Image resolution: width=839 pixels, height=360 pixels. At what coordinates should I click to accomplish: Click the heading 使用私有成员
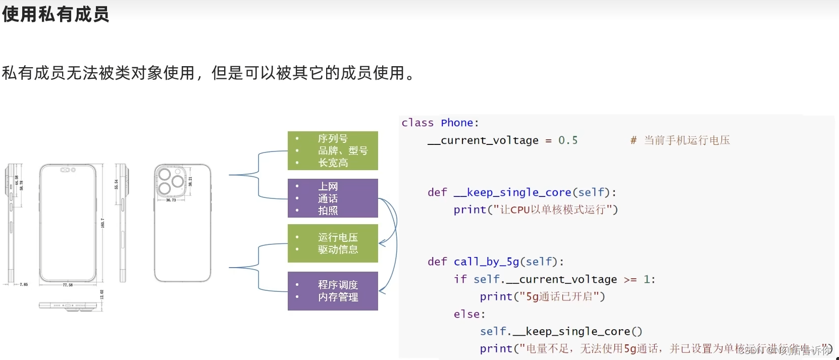(x=56, y=14)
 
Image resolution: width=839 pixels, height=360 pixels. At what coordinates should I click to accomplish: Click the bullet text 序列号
(x=333, y=138)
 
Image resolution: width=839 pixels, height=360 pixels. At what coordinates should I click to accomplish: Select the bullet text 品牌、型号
(x=343, y=150)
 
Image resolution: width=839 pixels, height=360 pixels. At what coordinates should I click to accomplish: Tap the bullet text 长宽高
(x=333, y=163)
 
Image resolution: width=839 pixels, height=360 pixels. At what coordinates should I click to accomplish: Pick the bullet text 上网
(x=328, y=186)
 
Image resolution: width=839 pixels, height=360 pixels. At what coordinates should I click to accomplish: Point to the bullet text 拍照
(x=328, y=211)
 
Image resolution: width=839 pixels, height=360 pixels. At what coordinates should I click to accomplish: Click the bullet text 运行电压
(x=338, y=237)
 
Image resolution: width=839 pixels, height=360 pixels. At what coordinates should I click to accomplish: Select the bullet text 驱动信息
(x=338, y=249)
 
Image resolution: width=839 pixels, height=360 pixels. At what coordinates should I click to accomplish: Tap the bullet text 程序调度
(x=338, y=285)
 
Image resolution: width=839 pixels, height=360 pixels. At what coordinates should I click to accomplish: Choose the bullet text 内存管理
(x=338, y=297)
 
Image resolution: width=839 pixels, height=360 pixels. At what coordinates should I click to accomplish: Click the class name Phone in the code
(x=457, y=123)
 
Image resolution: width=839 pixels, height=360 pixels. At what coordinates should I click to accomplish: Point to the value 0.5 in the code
(x=568, y=140)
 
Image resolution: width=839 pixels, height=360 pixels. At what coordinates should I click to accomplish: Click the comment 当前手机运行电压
(x=687, y=140)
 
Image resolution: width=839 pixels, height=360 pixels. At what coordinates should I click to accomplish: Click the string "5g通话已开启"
(x=558, y=296)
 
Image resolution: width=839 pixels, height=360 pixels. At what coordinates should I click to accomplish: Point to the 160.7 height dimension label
(x=103, y=223)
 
